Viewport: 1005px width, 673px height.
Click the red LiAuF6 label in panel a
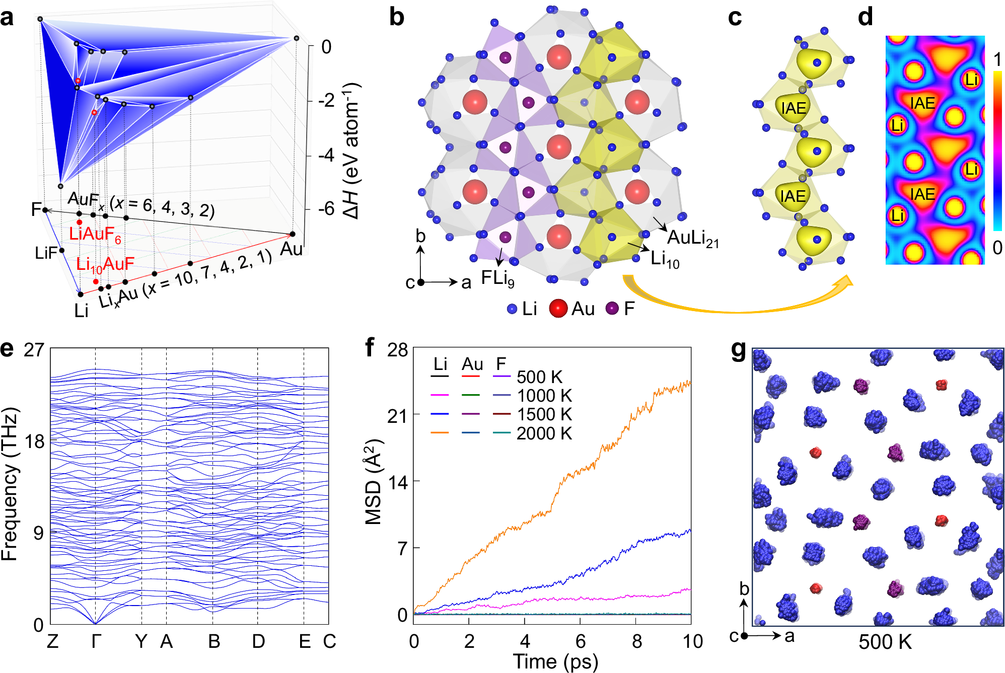point(95,235)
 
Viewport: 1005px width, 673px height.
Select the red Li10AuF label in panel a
point(105,264)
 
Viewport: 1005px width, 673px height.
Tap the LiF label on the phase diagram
point(46,253)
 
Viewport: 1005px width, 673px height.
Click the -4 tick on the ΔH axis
point(326,155)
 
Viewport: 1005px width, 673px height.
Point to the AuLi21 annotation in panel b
point(693,238)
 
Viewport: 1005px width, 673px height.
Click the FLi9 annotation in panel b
point(497,278)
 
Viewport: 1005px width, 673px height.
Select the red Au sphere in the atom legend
point(558,309)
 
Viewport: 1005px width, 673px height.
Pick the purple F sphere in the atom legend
point(612,309)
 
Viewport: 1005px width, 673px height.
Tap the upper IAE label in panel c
point(794,108)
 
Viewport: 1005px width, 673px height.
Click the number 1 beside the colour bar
point(997,60)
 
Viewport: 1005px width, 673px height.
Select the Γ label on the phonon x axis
point(96,642)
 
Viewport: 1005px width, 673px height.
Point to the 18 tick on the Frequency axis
point(35,442)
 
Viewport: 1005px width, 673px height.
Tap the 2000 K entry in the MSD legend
point(544,433)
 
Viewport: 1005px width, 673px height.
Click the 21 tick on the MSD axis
point(397,416)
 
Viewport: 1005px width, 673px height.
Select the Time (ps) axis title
point(555,661)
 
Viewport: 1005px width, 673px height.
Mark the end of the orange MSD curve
point(690,383)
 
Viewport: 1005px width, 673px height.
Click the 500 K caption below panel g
point(885,642)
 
